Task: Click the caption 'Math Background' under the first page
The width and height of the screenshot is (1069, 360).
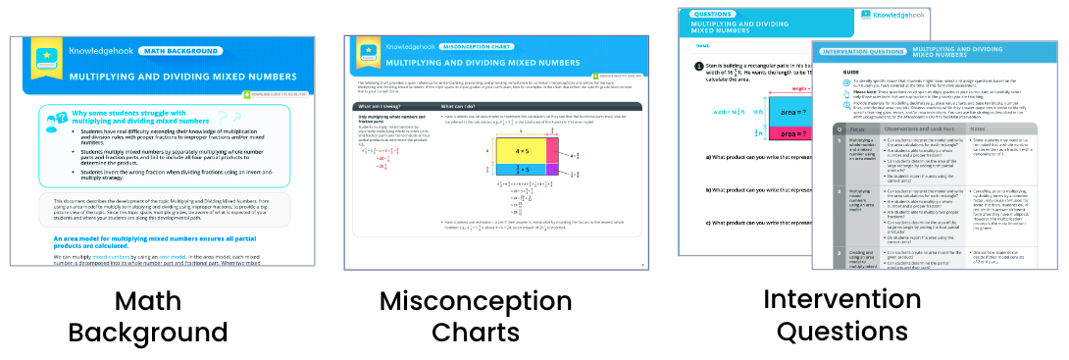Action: (x=147, y=315)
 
